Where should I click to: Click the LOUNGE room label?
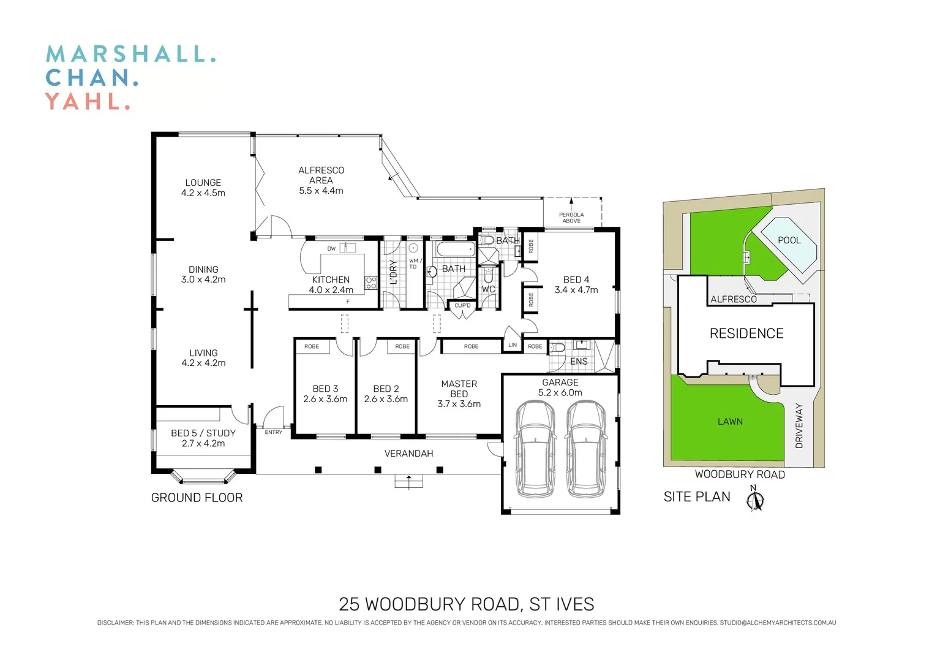[203, 183]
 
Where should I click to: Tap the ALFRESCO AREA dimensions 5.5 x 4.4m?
[321, 191]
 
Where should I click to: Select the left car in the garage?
[535, 449]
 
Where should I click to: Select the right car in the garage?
[586, 449]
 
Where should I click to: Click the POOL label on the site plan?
[789, 240]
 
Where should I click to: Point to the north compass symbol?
[756, 499]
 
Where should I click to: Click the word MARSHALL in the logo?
[130, 54]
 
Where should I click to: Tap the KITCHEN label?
[331, 280]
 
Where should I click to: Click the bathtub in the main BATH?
[455, 249]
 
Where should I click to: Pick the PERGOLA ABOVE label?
[571, 218]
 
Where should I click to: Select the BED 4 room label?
[576, 280]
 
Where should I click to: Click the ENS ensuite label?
[579, 362]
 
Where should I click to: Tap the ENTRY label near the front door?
[274, 432]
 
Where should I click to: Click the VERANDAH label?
[408, 454]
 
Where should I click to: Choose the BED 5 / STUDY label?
[203, 433]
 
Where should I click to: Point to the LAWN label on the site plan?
[730, 422]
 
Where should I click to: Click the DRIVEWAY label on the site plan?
[799, 425]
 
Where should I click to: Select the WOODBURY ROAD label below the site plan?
[740, 474]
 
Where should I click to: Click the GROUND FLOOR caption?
[197, 498]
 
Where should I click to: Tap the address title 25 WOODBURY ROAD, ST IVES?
[466, 604]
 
